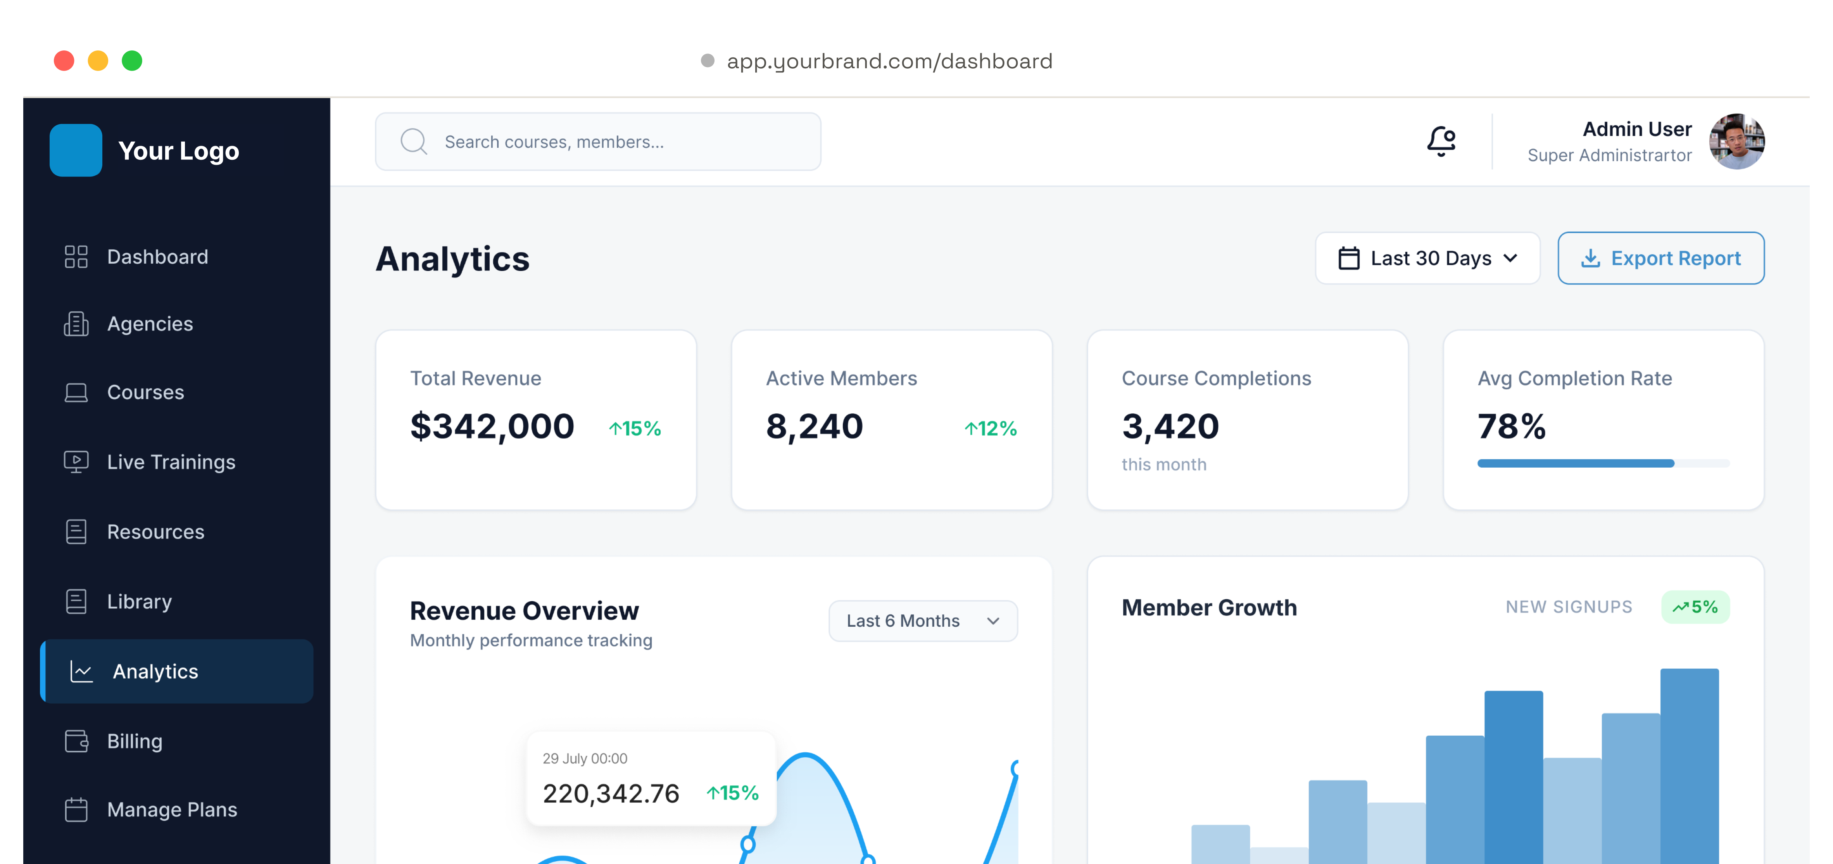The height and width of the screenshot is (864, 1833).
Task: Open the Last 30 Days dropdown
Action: (x=1427, y=258)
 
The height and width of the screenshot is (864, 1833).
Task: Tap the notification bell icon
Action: (x=1441, y=141)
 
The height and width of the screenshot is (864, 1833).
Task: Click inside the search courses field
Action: (x=598, y=142)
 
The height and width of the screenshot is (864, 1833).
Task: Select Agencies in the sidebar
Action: (x=149, y=324)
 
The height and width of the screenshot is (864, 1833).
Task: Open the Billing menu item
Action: (x=135, y=741)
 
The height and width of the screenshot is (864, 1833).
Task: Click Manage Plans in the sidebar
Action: (x=171, y=809)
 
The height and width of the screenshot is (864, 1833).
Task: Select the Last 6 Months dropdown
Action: (x=923, y=620)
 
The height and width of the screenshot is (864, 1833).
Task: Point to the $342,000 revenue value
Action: (x=492, y=426)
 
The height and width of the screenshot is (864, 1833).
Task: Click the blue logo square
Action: (x=76, y=150)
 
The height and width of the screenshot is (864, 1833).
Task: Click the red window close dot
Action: (x=64, y=60)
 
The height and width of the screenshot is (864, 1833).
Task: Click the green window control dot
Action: (x=132, y=60)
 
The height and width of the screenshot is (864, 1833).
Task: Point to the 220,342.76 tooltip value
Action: (x=611, y=793)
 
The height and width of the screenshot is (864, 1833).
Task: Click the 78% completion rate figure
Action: (x=1511, y=426)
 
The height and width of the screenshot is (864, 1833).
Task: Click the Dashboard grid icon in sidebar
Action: (x=76, y=256)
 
